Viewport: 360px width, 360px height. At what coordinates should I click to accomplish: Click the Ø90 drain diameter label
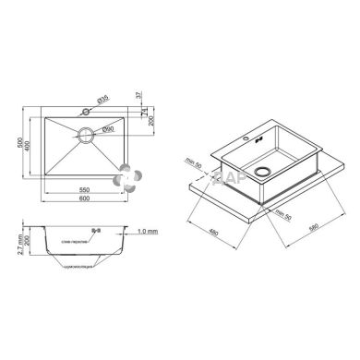107,128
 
